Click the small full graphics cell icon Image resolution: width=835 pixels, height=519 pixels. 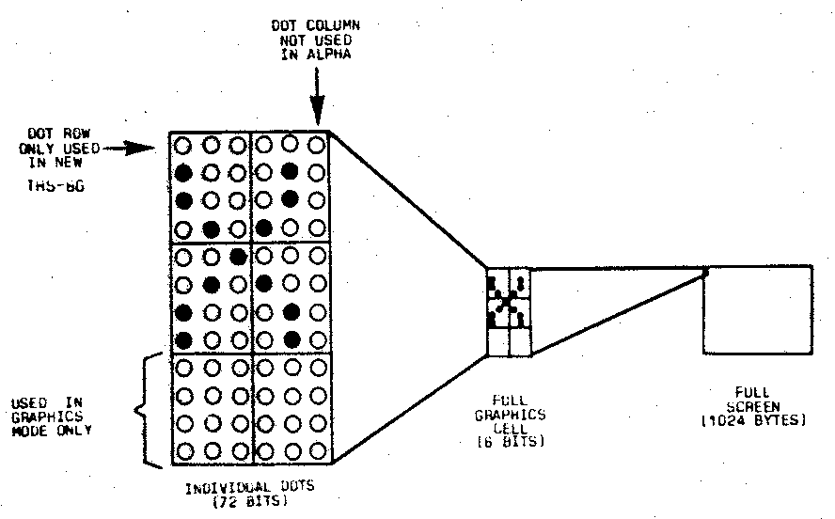point(508,311)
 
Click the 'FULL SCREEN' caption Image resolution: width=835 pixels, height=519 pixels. point(758,398)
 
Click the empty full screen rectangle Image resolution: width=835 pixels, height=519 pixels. point(758,309)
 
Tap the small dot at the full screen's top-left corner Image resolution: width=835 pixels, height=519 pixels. point(705,272)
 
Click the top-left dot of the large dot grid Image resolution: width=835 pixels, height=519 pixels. point(184,147)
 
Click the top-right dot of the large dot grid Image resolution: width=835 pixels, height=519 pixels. point(318,147)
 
